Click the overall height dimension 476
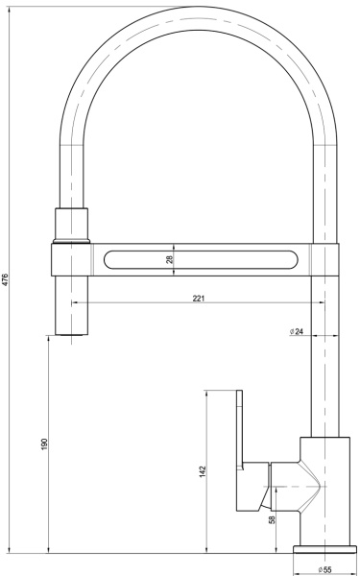click(7, 279)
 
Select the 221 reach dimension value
click(198, 299)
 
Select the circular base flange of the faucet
click(323, 549)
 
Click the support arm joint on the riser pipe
click(326, 259)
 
